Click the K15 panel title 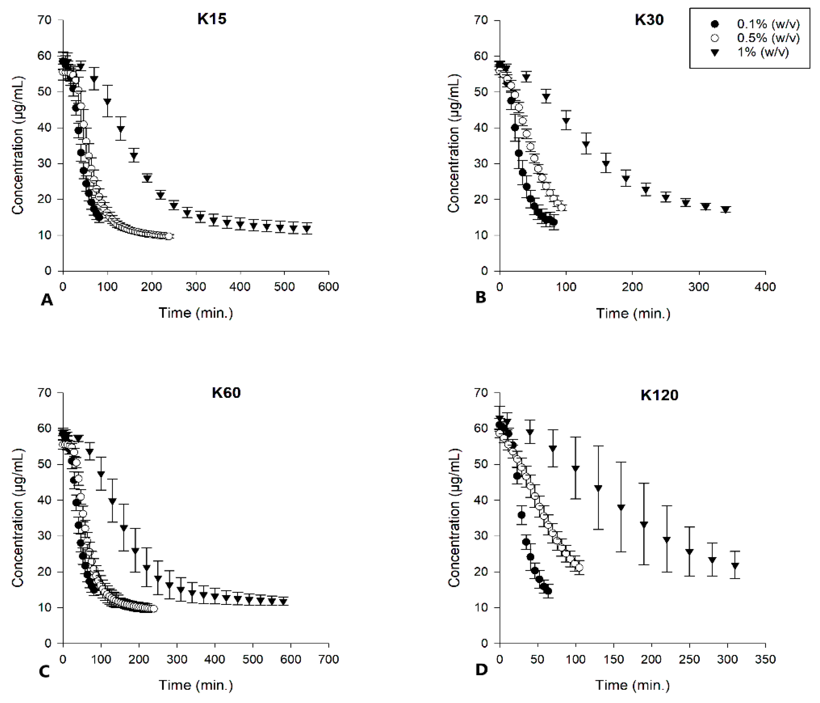[212, 19]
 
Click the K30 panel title [649, 20]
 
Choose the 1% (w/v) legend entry [762, 52]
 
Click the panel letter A [47, 300]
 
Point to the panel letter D [481, 670]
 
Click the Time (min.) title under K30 [633, 313]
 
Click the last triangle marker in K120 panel [735, 566]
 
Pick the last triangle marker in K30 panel [725, 210]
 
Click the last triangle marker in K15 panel [306, 229]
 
